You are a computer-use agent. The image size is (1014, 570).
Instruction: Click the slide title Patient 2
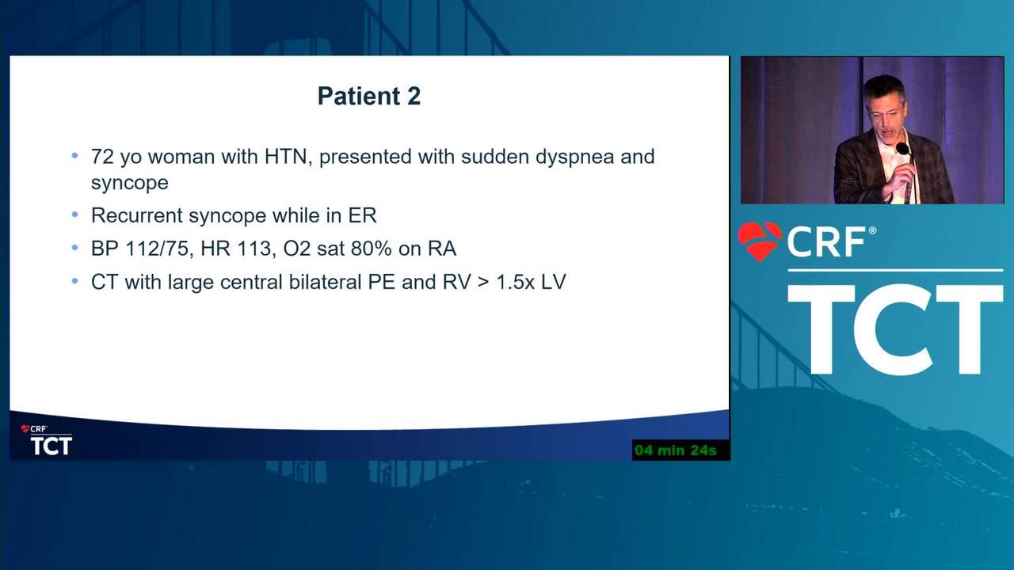(369, 96)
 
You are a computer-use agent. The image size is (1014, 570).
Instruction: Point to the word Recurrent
(136, 215)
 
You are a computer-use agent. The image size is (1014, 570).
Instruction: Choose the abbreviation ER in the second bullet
(362, 215)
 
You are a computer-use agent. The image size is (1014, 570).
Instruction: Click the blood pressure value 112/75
(157, 249)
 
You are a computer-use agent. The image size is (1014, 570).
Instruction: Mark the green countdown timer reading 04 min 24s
(676, 450)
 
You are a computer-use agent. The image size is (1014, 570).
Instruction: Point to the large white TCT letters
(895, 329)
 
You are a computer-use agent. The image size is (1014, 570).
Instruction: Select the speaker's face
(885, 113)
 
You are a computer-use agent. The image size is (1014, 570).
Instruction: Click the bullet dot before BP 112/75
(75, 248)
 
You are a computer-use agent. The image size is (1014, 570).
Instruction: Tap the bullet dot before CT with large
(75, 281)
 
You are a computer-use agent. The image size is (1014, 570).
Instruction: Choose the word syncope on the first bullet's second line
(129, 184)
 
